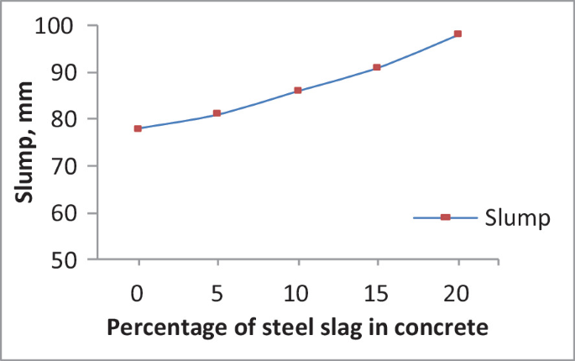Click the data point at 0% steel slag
[138, 128]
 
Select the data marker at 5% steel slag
[217, 113]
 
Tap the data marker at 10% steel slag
[297, 90]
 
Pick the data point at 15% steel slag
[377, 67]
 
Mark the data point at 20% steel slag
[457, 34]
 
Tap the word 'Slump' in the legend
[517, 218]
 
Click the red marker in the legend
[445, 217]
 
